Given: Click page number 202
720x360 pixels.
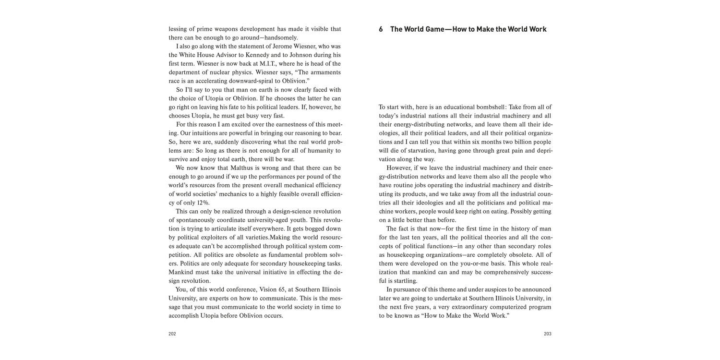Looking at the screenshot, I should (172, 334).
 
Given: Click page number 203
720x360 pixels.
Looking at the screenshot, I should (547, 334).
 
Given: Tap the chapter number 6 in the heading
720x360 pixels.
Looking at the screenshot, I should (381, 29).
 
